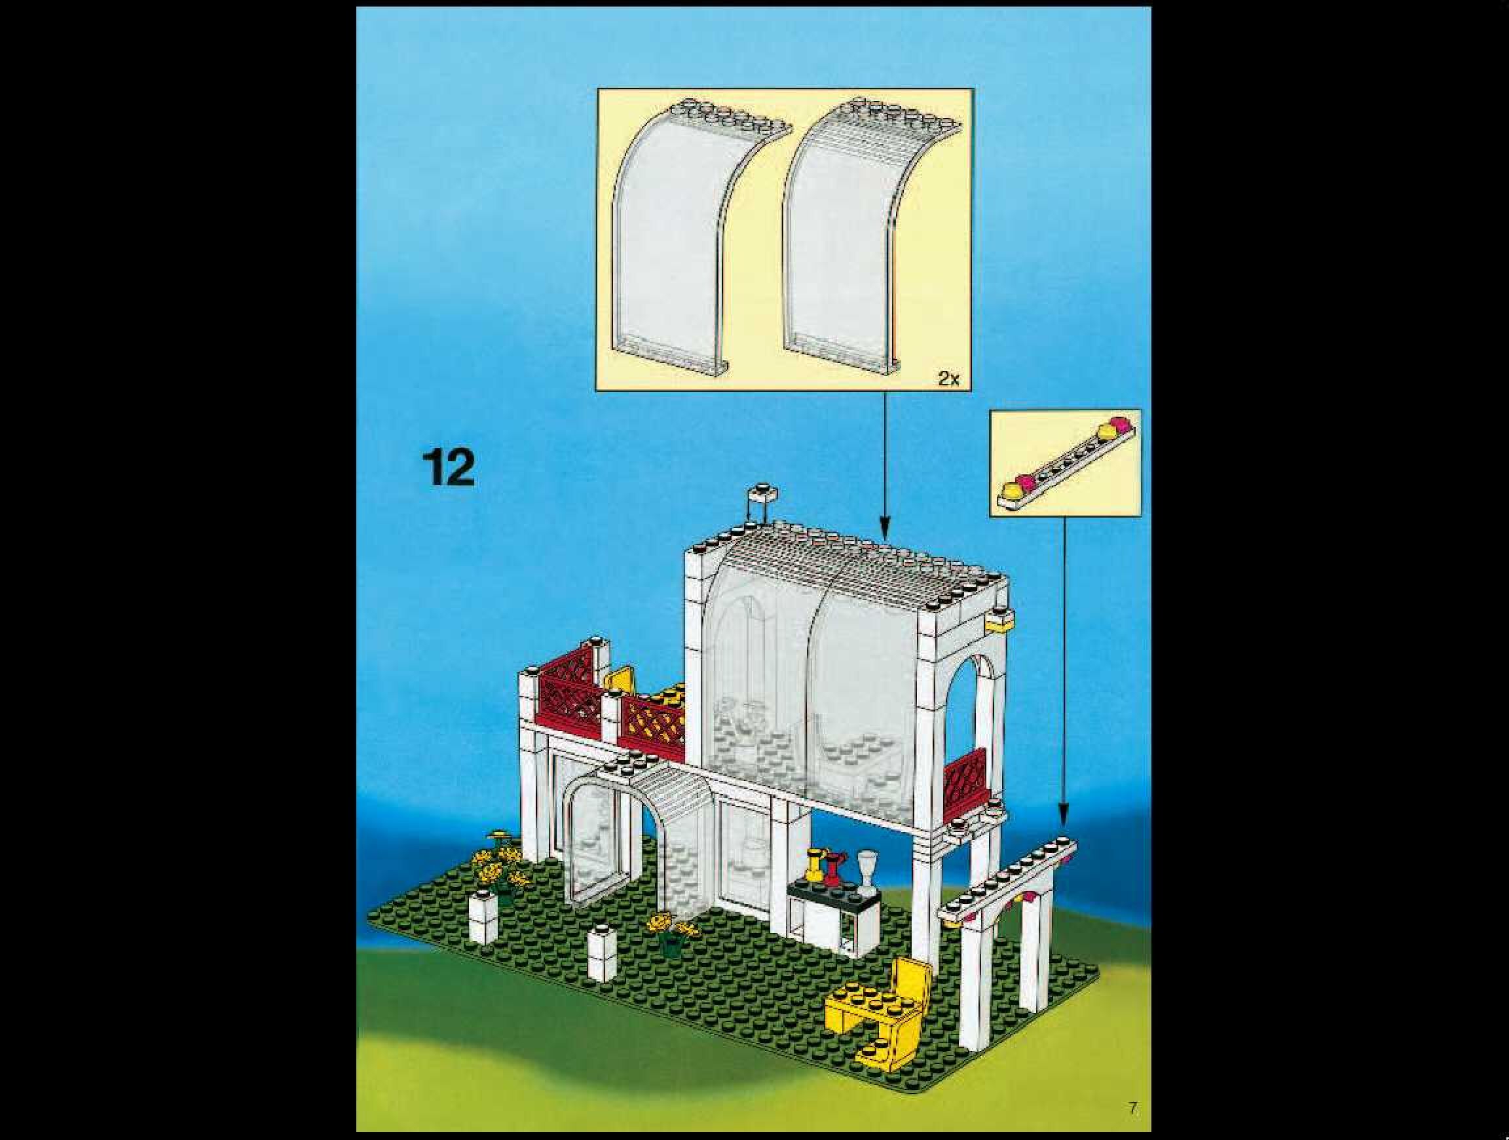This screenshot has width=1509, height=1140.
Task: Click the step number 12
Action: (x=448, y=468)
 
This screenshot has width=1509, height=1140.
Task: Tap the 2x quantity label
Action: (x=948, y=379)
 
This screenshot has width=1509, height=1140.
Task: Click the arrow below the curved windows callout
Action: (x=885, y=464)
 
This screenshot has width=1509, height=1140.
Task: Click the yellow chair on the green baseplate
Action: (x=880, y=1010)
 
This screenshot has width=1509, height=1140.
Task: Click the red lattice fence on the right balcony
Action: (x=964, y=778)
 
